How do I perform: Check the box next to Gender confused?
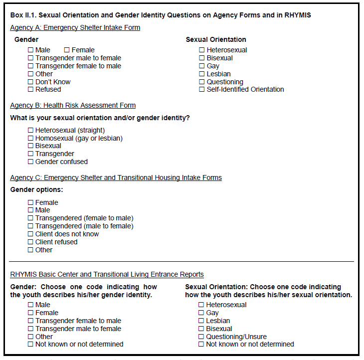31,162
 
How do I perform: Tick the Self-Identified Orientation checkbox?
202,90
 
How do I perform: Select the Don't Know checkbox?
31,82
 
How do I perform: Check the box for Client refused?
31,242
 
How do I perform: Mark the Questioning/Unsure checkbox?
201,337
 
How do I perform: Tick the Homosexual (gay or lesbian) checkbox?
31,138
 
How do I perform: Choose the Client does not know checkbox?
31,234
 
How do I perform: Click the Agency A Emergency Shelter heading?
75,27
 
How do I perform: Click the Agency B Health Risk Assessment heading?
73,105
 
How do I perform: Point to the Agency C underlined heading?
116,178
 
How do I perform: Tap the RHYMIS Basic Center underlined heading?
107,274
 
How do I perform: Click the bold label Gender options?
36,190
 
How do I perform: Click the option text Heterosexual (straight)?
70,130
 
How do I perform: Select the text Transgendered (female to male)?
84,218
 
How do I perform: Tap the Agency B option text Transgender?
55,154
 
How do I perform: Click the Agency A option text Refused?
48,90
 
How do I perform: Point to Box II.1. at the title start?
23,15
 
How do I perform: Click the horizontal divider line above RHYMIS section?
182,261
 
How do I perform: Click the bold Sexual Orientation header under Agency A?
216,39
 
